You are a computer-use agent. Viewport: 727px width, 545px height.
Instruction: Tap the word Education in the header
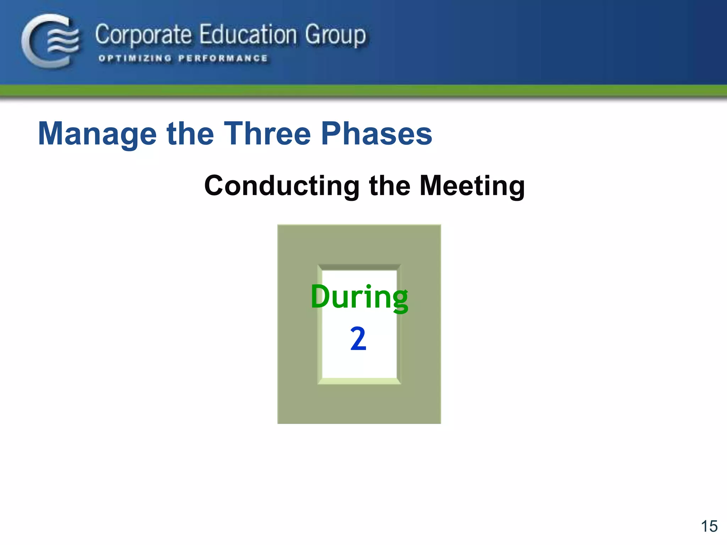point(248,35)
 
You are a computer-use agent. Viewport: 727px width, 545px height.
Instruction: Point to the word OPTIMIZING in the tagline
point(135,58)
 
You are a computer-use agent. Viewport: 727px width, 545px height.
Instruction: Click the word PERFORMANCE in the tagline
point(223,58)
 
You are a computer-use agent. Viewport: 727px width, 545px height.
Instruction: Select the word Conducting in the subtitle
point(282,186)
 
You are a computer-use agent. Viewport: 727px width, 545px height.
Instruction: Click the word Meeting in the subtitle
point(472,186)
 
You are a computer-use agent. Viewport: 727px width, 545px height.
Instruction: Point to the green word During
point(359,297)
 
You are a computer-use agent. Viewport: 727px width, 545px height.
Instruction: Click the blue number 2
point(358,339)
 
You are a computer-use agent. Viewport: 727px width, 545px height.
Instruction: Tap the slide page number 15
point(709,526)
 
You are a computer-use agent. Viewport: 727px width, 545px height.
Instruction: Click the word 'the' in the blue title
point(190,133)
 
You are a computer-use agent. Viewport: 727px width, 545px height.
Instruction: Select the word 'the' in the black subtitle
point(390,185)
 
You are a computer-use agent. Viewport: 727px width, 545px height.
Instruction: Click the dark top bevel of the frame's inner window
point(359,267)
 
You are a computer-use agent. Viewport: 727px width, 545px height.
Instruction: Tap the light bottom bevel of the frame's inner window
point(359,381)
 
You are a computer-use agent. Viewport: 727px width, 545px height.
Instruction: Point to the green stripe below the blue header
point(363,91)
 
